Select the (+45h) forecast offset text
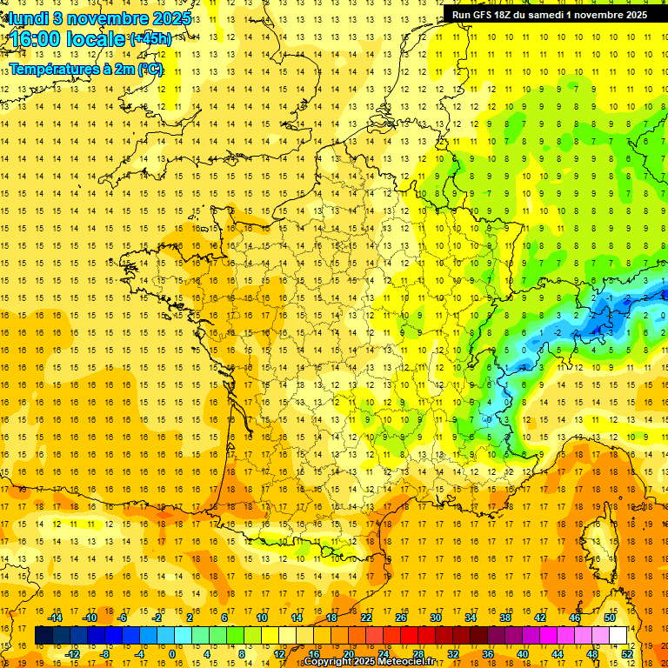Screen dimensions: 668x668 (x=150, y=39)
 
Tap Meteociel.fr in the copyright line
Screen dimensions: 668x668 (x=405, y=662)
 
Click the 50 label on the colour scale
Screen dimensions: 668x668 (x=609, y=618)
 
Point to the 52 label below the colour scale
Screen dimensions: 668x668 (x=627, y=654)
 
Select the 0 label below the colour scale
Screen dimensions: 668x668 (x=171, y=654)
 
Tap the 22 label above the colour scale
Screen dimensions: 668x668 (x=366, y=618)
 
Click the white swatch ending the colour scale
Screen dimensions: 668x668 (x=618, y=636)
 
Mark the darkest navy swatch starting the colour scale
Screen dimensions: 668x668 (x=43, y=636)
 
